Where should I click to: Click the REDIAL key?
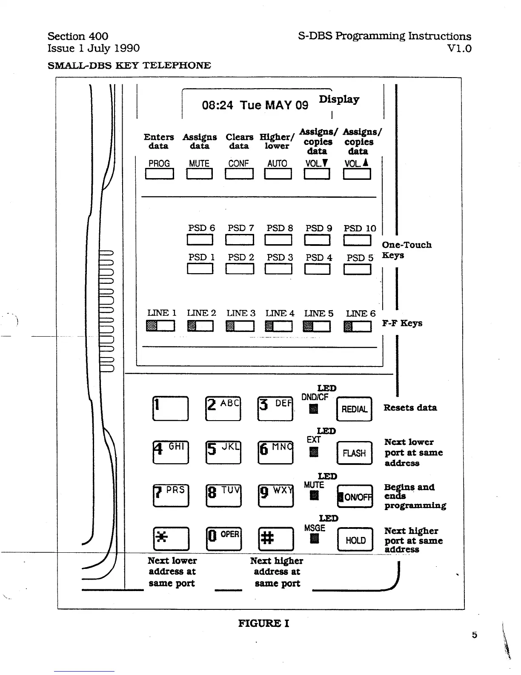(x=354, y=409)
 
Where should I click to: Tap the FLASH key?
(x=354, y=453)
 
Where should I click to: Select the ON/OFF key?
(x=355, y=496)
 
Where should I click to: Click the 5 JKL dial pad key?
(x=223, y=452)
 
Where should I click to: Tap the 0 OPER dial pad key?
(x=223, y=539)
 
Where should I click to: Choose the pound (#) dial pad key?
(x=276, y=539)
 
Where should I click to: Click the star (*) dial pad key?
(x=171, y=539)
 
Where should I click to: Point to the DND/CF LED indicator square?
(x=314, y=409)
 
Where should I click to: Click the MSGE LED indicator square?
(x=315, y=539)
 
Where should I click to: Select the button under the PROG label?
(x=160, y=174)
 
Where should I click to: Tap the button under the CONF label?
(x=239, y=174)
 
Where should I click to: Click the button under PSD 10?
(x=357, y=240)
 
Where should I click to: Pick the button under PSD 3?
(x=278, y=269)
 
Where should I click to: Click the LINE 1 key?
(x=160, y=326)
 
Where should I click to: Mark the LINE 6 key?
(x=358, y=326)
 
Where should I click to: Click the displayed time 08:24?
(x=217, y=105)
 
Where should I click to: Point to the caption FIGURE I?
(x=263, y=623)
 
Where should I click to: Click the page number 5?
(x=475, y=635)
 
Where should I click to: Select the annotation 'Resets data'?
(x=410, y=408)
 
